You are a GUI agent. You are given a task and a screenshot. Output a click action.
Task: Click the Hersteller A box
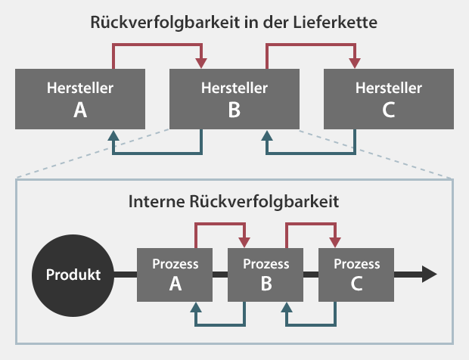tap(80, 99)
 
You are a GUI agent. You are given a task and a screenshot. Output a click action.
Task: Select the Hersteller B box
tap(234, 99)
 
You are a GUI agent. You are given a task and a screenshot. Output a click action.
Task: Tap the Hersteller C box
tap(389, 99)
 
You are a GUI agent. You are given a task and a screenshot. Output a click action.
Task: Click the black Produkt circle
tap(73, 275)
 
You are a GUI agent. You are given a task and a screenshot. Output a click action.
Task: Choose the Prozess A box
tap(175, 275)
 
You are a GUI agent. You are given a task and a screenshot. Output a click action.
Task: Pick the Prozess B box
tap(266, 275)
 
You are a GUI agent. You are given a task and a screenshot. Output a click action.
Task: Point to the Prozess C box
tap(356, 275)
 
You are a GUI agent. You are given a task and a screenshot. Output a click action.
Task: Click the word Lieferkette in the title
tap(335, 23)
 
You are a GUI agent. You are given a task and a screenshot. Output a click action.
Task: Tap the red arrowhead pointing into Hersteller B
tap(201, 64)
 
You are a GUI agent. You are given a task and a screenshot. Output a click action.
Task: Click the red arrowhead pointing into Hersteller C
tap(355, 64)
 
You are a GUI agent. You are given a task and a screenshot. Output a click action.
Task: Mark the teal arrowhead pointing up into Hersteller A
tap(113, 135)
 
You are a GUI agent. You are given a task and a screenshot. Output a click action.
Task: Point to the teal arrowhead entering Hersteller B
tap(267, 135)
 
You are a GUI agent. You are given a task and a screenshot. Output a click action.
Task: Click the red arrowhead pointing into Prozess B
tap(244, 243)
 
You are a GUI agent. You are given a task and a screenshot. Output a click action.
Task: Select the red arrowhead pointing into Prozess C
tap(335, 243)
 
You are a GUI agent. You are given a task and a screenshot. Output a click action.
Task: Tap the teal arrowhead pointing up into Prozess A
tap(196, 307)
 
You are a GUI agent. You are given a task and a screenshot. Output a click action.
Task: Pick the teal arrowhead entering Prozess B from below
tap(287, 307)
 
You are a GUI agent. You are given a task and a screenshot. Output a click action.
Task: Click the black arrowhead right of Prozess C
tap(429, 275)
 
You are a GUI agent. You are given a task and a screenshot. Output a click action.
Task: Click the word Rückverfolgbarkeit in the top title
tap(165, 23)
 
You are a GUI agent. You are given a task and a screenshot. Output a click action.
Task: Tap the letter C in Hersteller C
tap(389, 110)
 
